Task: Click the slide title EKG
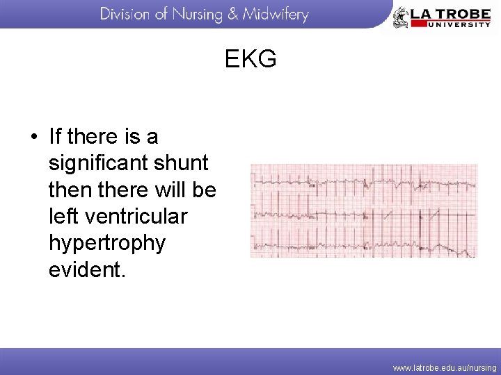tap(250, 60)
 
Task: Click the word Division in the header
tap(129, 15)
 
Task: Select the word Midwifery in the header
tap(275, 15)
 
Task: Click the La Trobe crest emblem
tap(401, 17)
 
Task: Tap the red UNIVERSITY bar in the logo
tap(450, 24)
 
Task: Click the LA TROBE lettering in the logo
tap(450, 12)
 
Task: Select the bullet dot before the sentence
tap(33, 136)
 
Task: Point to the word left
tap(63, 217)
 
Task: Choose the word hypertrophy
tap(107, 244)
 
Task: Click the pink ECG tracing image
tap(364, 211)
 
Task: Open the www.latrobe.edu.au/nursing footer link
tap(445, 367)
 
